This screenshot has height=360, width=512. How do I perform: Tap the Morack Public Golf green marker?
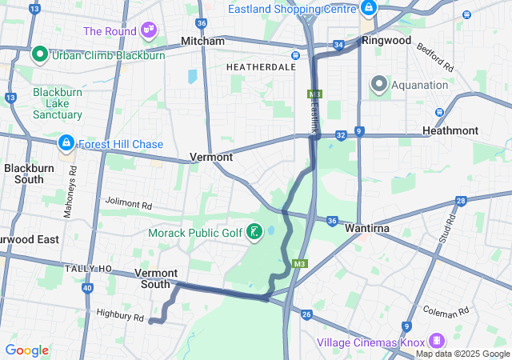(x=254, y=233)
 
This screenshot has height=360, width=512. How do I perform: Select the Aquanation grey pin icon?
(x=378, y=84)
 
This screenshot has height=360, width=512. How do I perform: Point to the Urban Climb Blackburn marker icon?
(x=38, y=55)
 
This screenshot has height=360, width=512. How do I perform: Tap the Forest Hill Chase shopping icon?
(x=66, y=144)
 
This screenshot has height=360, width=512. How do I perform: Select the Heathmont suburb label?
(x=472, y=130)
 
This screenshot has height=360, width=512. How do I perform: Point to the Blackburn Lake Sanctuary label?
(x=58, y=103)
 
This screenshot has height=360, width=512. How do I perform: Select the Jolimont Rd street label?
(x=128, y=205)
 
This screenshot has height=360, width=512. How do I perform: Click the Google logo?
(x=26, y=350)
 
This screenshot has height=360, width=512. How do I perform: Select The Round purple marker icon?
(x=148, y=30)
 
